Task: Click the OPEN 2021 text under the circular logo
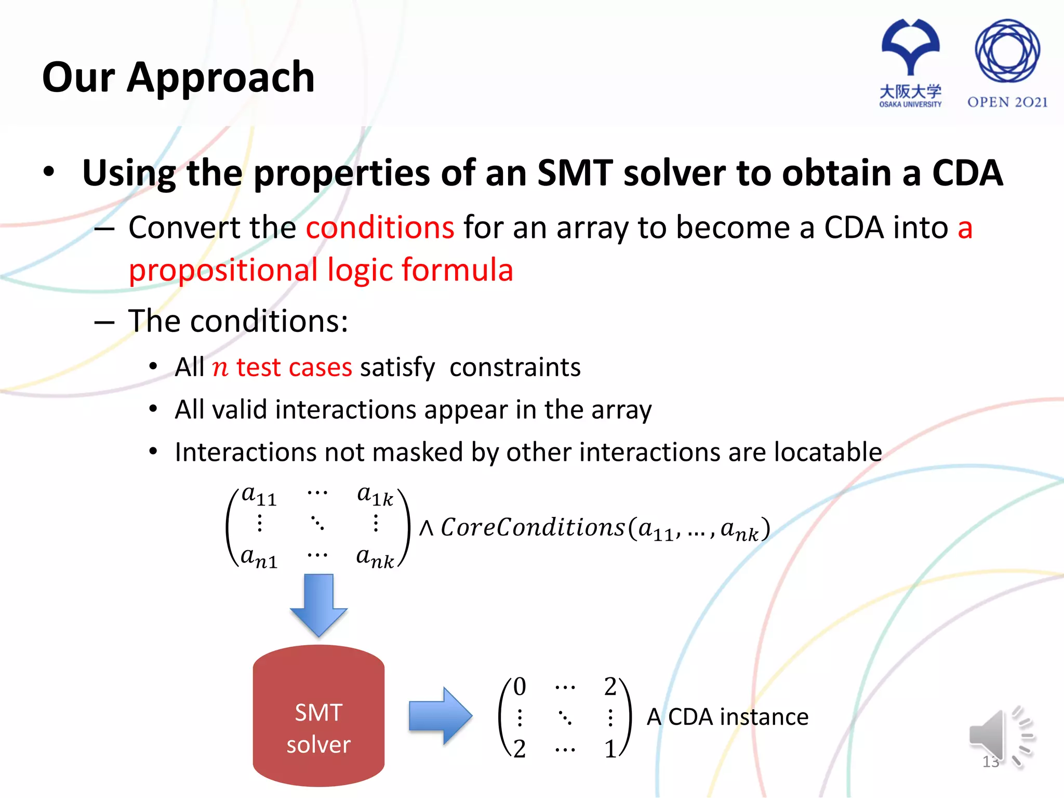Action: tap(1007, 102)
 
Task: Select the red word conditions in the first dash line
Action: tap(380, 228)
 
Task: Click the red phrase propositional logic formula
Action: tap(321, 270)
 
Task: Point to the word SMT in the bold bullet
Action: tap(575, 172)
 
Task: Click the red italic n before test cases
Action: tap(220, 368)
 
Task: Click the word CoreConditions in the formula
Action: tap(533, 528)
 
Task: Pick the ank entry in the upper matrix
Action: tap(375, 558)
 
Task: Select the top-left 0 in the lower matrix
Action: tap(520, 687)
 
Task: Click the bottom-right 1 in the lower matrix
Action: tap(610, 749)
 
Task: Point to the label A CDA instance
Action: tap(727, 717)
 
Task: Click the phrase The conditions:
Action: tap(238, 321)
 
